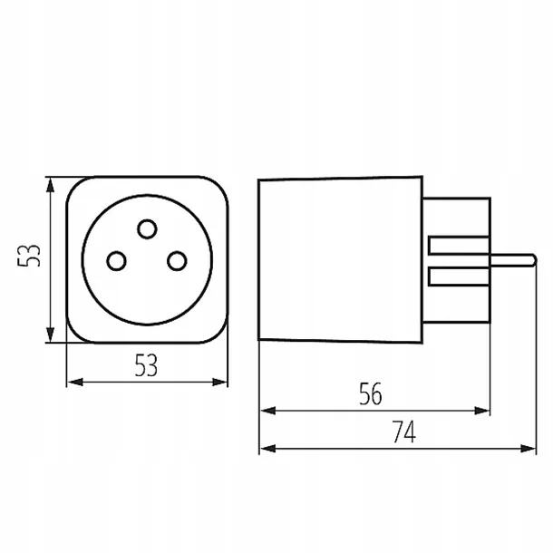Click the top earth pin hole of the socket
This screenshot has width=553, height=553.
(x=147, y=228)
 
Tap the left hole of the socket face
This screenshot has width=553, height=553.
(x=116, y=261)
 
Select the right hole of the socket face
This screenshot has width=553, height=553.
(x=177, y=261)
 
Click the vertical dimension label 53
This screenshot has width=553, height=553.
(x=29, y=256)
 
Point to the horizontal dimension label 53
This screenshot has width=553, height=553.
(x=146, y=365)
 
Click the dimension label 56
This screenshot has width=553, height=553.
(x=370, y=393)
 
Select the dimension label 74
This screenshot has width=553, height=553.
(x=404, y=432)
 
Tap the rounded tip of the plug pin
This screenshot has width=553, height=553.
(x=535, y=260)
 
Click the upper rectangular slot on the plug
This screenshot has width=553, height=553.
(x=459, y=246)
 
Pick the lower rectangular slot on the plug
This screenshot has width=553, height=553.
(x=459, y=276)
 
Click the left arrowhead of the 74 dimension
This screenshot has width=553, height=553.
(x=267, y=449)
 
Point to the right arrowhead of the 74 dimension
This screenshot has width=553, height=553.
(x=528, y=449)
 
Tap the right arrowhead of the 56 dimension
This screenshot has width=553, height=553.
(x=481, y=411)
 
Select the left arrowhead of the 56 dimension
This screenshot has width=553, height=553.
(x=267, y=411)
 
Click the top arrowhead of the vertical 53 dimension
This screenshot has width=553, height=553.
(x=51, y=185)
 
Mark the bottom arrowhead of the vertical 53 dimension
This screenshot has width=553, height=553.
(x=51, y=335)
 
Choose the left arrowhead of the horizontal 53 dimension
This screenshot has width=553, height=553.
(x=75, y=382)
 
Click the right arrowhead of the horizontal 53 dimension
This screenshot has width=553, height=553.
(x=219, y=382)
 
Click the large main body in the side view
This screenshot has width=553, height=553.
(x=340, y=259)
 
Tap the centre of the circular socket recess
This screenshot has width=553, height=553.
(x=147, y=259)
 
